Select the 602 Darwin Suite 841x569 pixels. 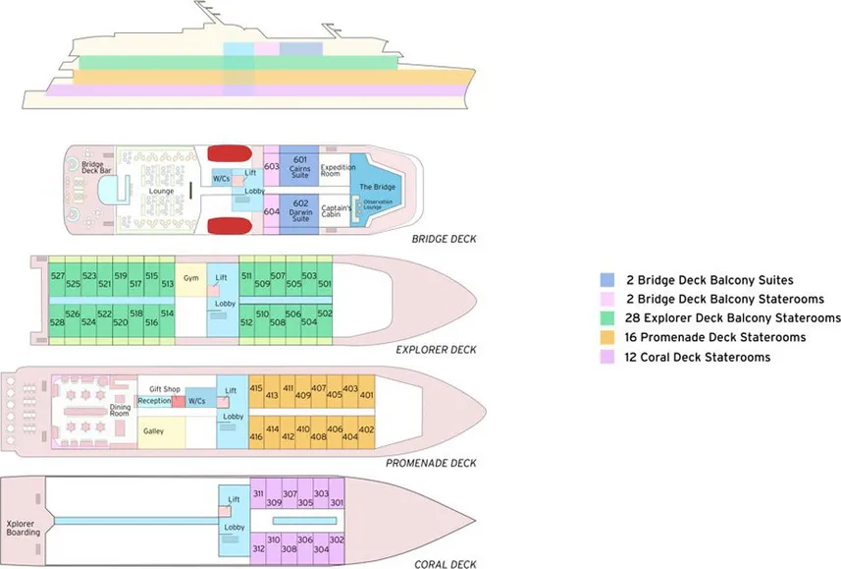300,211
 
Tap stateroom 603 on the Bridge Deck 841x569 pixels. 272,166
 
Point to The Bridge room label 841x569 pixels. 377,187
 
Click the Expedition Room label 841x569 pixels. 339,171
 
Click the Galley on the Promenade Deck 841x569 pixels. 153,431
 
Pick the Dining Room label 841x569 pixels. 119,410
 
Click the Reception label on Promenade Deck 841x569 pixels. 154,401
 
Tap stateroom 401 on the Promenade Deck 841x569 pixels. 367,396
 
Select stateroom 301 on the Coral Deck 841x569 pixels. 337,502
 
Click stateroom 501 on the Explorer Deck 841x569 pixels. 325,286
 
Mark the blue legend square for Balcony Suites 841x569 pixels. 608,280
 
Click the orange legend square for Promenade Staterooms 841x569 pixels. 608,337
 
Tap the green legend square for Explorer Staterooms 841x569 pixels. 608,318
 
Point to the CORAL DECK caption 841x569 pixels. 446,564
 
